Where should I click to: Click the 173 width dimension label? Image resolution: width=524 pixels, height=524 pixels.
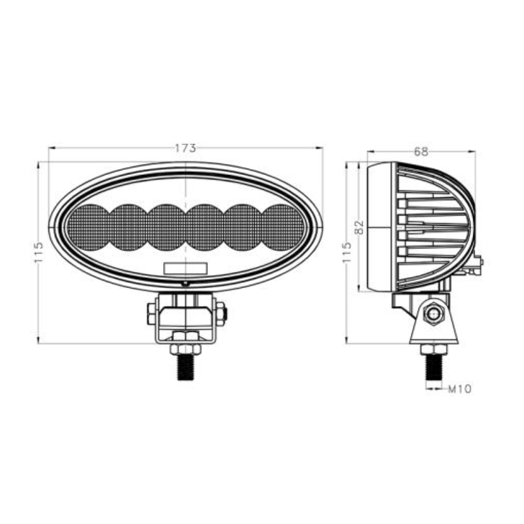click(185, 148)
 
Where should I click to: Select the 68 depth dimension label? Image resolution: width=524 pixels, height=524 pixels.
click(421, 152)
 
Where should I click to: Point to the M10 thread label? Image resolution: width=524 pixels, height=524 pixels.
click(460, 389)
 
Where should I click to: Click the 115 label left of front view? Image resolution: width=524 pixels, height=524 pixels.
click(39, 252)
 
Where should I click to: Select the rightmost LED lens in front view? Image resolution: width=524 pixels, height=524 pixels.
click(283, 227)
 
